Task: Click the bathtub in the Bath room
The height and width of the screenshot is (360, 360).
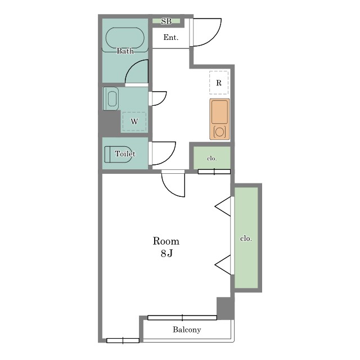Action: tap(125, 38)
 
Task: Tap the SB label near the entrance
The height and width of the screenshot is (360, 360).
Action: tap(166, 21)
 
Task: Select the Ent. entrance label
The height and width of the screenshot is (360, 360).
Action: tap(171, 37)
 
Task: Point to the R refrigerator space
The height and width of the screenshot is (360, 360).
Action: tap(219, 83)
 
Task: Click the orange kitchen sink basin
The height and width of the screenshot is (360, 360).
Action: tap(220, 112)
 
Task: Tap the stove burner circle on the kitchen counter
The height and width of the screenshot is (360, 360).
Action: tap(219, 132)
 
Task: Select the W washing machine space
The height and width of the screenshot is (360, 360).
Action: tap(134, 121)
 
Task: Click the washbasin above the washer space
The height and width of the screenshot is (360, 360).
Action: tap(111, 99)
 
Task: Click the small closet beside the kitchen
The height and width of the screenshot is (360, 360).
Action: tap(212, 158)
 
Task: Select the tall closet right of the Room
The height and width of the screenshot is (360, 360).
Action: tap(246, 237)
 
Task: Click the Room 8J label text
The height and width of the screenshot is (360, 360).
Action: tap(166, 247)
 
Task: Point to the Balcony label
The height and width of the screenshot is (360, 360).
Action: tap(187, 330)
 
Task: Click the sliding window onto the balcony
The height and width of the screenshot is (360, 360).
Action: tap(182, 318)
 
